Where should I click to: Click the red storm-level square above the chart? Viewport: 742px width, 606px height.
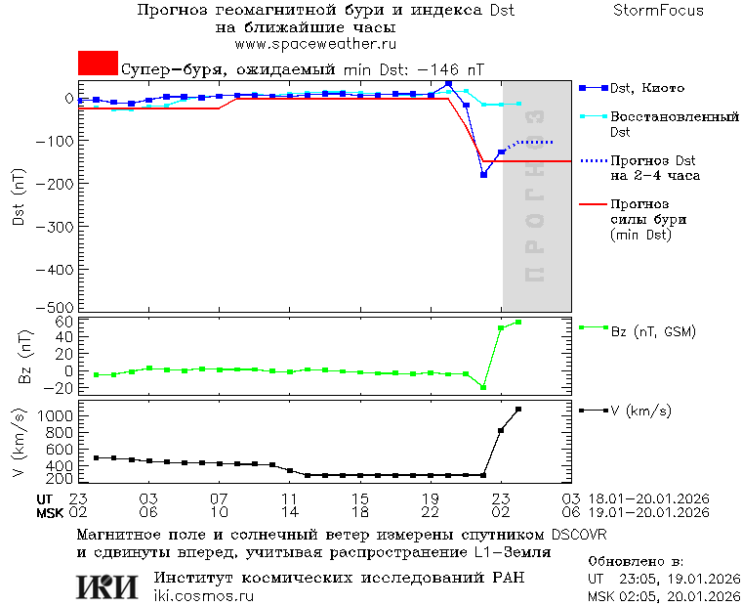(x=98, y=63)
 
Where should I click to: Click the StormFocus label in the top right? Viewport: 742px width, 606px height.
(x=658, y=11)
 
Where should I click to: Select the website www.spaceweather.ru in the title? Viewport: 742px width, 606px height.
(x=314, y=44)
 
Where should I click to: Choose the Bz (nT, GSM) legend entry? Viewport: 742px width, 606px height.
(x=652, y=332)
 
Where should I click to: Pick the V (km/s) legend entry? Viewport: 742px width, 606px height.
(x=640, y=411)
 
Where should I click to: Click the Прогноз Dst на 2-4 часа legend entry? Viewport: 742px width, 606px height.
(x=651, y=168)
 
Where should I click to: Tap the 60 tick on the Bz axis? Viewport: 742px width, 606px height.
(x=64, y=322)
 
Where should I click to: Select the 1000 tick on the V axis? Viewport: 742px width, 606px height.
(x=59, y=415)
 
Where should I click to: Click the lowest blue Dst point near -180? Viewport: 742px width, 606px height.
(x=483, y=174)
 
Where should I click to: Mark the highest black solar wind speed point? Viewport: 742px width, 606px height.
(x=518, y=410)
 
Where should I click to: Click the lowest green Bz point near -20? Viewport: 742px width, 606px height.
(x=482, y=387)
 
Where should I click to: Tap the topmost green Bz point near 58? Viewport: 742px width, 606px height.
(x=518, y=322)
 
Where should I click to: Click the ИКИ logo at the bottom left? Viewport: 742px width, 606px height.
(x=108, y=585)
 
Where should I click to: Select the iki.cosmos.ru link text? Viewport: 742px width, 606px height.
(x=204, y=596)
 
